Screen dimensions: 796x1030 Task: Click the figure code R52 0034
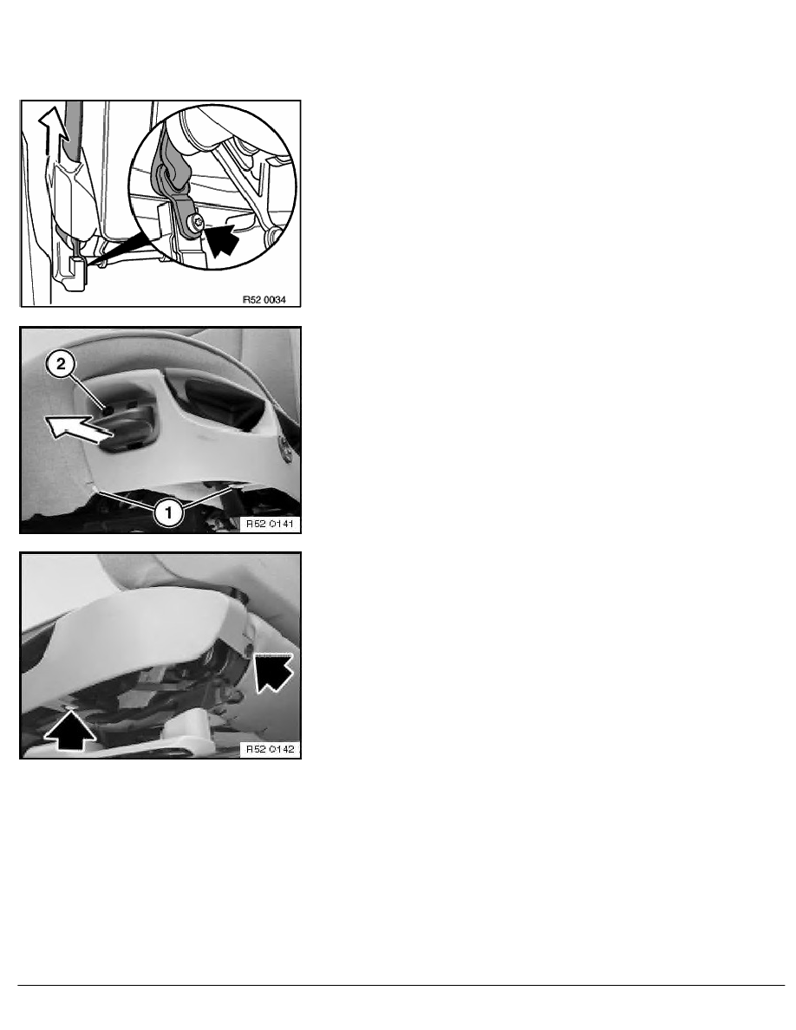(x=264, y=299)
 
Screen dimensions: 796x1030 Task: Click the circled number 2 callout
(x=61, y=364)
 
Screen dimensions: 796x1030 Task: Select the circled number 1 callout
(x=169, y=511)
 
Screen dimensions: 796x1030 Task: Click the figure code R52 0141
(x=270, y=524)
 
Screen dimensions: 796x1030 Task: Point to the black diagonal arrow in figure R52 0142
(x=272, y=671)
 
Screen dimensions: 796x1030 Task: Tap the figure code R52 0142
(x=270, y=749)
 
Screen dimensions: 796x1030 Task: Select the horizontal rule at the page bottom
(x=401, y=985)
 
